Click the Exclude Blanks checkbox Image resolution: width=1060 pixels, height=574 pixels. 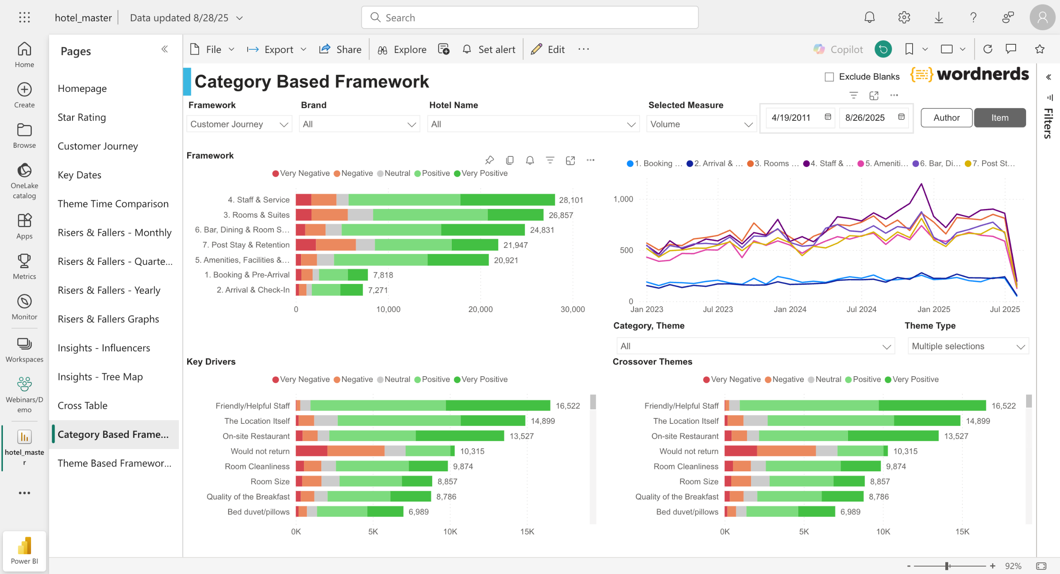(829, 77)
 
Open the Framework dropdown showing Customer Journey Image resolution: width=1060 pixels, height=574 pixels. (239, 124)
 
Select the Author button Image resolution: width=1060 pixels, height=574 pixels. (946, 118)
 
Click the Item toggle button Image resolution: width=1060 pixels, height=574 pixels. (1000, 118)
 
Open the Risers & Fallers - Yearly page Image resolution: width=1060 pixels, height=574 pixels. (109, 290)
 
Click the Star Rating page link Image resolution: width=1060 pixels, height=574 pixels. (82, 117)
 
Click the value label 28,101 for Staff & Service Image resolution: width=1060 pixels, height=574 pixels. (571, 200)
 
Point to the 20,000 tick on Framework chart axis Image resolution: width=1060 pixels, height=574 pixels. (480, 309)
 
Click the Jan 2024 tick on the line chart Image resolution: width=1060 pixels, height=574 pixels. (790, 309)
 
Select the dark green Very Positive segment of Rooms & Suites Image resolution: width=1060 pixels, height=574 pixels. (515, 215)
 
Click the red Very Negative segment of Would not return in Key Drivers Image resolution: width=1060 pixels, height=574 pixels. (311, 451)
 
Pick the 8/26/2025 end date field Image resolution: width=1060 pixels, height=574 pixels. (865, 118)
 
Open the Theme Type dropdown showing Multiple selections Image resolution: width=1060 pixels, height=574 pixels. (968, 346)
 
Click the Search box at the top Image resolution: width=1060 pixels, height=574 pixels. (530, 17)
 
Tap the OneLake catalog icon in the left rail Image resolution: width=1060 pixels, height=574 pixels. (24, 171)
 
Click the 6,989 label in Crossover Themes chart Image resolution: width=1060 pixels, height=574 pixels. (850, 512)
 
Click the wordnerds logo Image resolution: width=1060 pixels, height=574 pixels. (969, 74)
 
